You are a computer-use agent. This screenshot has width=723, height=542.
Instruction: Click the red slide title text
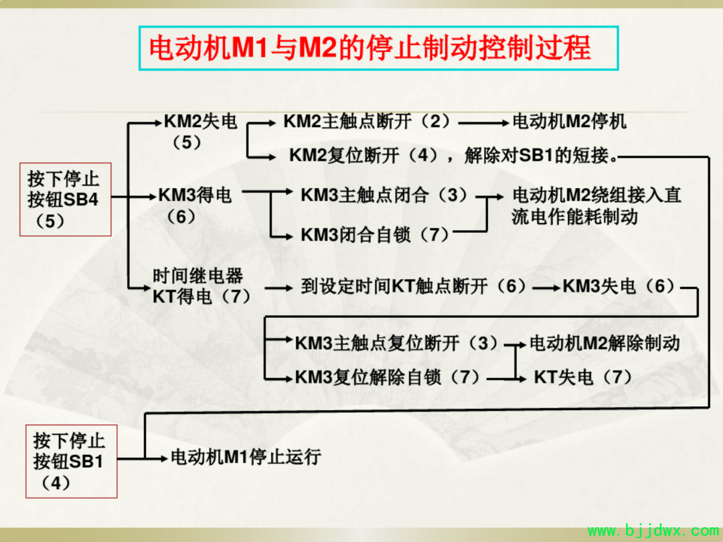coord(370,48)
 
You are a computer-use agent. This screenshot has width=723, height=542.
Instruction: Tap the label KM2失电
coord(200,122)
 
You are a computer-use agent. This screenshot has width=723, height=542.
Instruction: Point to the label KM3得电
coord(195,195)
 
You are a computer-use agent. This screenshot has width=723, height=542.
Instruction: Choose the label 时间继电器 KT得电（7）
coord(202,286)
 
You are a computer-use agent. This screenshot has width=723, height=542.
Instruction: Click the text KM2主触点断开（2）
coord(366,122)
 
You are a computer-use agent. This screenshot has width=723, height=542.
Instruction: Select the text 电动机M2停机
coord(570,122)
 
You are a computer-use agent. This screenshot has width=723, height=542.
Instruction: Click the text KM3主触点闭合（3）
coord(384,195)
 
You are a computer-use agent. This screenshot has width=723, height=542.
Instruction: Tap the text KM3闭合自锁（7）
coord(375,235)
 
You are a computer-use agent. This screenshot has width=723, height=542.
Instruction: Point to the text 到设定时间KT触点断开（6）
coord(413,286)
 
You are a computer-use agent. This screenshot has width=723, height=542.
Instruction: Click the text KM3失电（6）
coord(619,286)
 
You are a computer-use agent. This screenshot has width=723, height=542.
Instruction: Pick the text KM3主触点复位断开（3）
coord(396,343)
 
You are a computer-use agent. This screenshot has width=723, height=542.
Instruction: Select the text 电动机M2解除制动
coord(605,343)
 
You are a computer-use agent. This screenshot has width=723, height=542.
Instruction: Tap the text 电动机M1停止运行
coord(246,457)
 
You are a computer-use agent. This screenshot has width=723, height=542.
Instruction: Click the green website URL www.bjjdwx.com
coord(653,531)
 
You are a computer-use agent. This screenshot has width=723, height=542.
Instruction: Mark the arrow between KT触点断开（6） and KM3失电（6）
coord(546,288)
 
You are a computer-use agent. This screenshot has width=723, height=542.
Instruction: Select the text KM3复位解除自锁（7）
coord(387,377)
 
